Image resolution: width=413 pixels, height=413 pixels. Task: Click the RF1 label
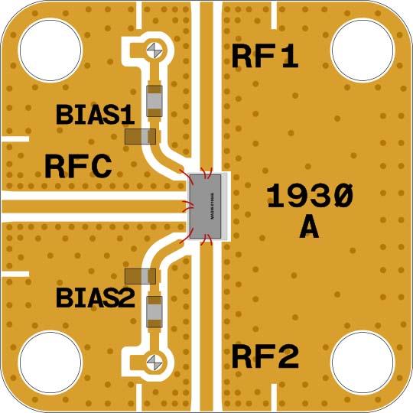[x=265, y=57]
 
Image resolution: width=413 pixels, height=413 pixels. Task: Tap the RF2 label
[x=265, y=357]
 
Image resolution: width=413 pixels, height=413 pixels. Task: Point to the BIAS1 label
[x=95, y=115]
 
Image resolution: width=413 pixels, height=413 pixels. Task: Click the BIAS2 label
[x=95, y=297]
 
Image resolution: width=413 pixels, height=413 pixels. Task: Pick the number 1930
[x=310, y=197]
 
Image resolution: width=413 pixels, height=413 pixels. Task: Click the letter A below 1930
[x=309, y=227]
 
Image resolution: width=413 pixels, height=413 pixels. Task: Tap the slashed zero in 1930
[x=343, y=197]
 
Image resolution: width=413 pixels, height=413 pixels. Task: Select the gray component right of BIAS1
[x=155, y=99]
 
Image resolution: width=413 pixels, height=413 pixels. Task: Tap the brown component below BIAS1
[x=140, y=137]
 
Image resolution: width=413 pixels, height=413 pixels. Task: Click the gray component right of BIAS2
[x=155, y=311]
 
